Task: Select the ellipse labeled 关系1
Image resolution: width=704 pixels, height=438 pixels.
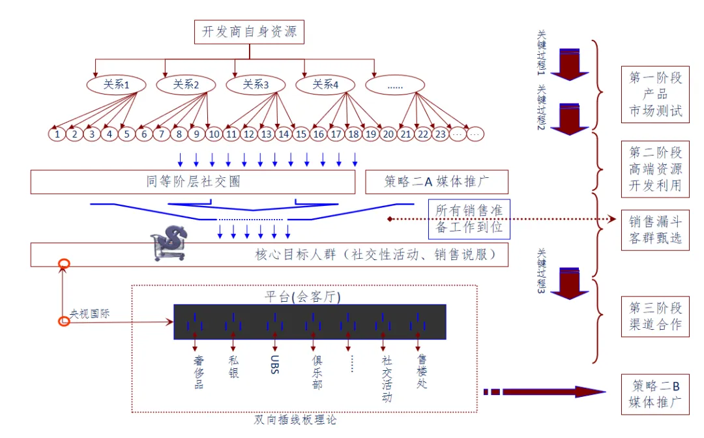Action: pos(116,85)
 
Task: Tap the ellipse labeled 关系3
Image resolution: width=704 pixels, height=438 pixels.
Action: pos(256,85)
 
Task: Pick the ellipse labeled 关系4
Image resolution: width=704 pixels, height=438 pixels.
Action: pos(325,85)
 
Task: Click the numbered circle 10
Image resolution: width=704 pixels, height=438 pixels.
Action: pos(213,134)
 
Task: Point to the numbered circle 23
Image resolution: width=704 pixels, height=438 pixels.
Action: pos(441,134)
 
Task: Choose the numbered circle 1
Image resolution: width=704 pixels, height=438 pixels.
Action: pos(58,134)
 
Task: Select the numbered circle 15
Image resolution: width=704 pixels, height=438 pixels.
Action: pos(301,134)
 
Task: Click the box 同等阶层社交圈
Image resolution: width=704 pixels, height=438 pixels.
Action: pos(193,182)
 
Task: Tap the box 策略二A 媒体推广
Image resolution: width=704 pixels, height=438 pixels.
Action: pos(437,182)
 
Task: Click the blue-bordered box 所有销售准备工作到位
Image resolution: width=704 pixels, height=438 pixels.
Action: pos(469,220)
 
